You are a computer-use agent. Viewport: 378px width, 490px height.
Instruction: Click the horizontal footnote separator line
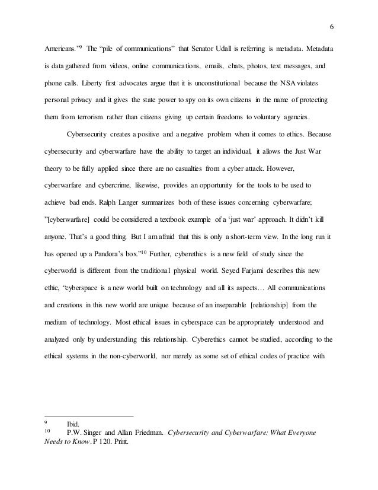(x=89, y=415)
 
